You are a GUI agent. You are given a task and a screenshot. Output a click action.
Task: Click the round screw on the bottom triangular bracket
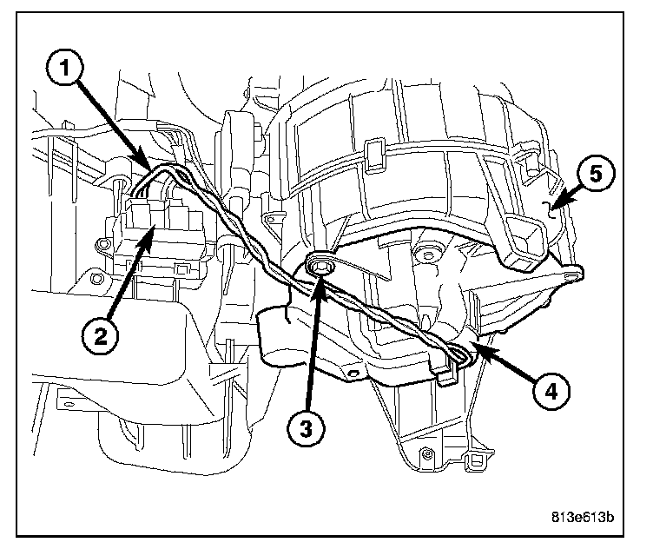tap(426, 453)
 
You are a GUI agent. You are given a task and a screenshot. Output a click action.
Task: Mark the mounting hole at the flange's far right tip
tap(572, 275)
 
